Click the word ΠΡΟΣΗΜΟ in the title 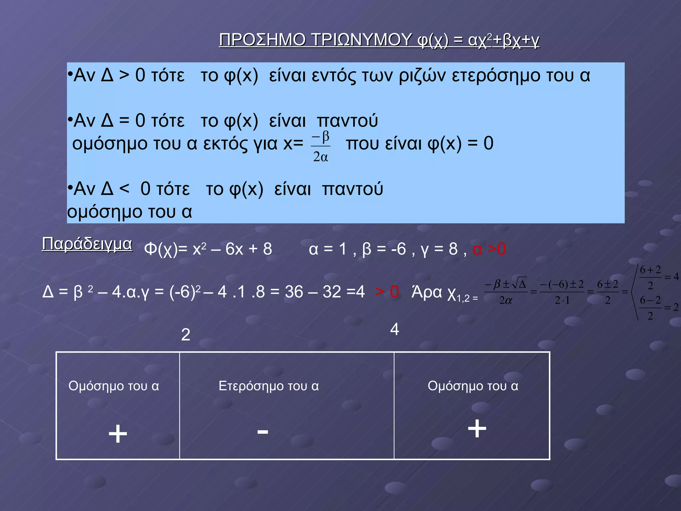tap(262, 40)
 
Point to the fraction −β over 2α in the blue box tap(321, 146)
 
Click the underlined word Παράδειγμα tap(87, 244)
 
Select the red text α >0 tap(489, 249)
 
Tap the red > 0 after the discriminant tap(387, 292)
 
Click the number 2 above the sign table tap(186, 335)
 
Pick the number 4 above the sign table tap(394, 329)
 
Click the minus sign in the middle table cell tap(263, 432)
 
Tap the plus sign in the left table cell tap(118, 434)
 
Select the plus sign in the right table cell tap(477, 428)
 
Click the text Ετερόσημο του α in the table tap(269, 386)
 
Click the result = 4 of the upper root tap(672, 276)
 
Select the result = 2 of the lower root tap(672, 307)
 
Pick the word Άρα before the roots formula tap(427, 292)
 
